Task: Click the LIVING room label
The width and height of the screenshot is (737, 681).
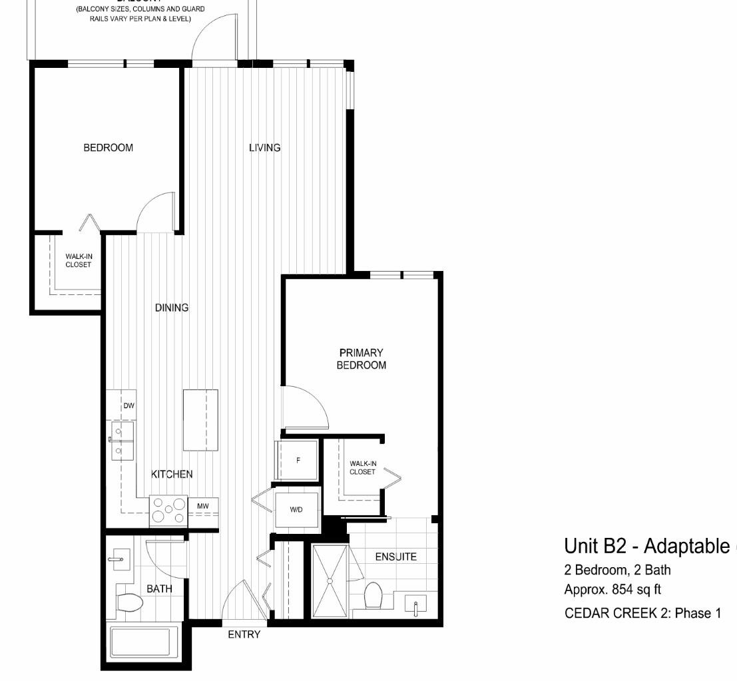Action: click(264, 148)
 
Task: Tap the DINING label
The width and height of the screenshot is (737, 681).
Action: click(172, 308)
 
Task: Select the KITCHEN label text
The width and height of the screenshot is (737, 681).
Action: click(172, 474)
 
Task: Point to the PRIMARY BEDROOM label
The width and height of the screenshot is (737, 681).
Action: click(361, 359)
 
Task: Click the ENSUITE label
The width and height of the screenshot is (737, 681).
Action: click(395, 557)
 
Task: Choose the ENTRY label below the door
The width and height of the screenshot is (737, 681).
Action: click(244, 634)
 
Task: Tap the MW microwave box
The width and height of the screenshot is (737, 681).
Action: click(203, 507)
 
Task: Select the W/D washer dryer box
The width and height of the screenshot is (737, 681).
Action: click(296, 510)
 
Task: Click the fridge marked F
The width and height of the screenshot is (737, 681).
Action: click(298, 460)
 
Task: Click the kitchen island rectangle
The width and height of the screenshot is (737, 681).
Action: click(200, 419)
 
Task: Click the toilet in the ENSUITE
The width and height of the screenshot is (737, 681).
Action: click(373, 594)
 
